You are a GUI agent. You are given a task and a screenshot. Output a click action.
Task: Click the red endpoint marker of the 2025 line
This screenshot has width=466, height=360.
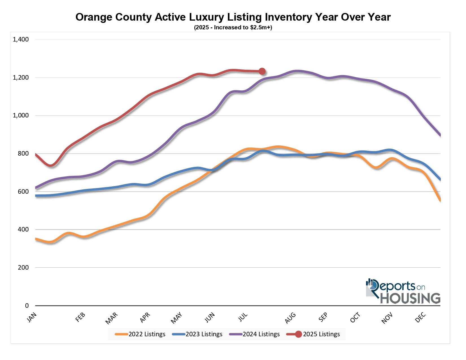262,71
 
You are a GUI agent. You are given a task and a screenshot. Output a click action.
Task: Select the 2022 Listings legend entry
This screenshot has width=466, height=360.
140,334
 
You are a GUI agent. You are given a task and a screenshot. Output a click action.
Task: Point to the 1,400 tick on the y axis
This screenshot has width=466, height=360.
21,40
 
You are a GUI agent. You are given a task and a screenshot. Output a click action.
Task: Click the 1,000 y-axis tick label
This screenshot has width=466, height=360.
21,115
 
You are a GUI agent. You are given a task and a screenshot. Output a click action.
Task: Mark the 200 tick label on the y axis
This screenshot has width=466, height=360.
23,268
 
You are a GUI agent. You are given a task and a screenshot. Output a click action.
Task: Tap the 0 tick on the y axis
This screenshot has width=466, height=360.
27,306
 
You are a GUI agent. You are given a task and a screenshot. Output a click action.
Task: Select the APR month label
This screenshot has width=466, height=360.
145,318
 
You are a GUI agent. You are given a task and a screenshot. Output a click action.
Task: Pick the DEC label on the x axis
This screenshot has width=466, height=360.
421,318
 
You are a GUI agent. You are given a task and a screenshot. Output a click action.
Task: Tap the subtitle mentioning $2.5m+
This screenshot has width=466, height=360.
233,28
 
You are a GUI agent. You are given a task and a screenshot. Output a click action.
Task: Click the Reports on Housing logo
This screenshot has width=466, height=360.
403,291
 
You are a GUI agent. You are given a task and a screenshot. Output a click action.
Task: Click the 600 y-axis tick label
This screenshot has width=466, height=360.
23,191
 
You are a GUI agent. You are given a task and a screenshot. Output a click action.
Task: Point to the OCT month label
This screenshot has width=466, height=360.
355,318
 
